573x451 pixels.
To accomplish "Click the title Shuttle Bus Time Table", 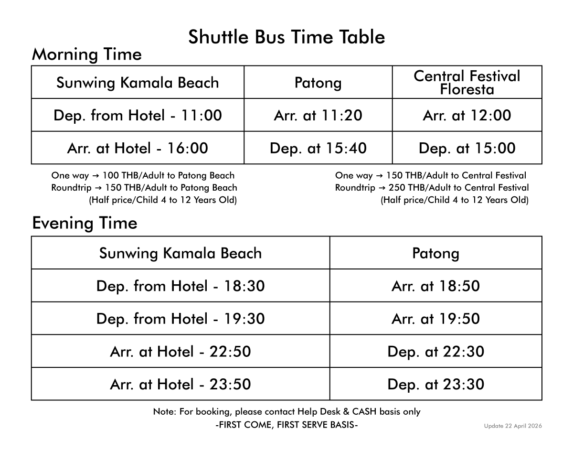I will click(286, 37).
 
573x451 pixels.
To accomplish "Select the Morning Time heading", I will click(86, 54).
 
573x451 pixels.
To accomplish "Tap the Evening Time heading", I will click(85, 223).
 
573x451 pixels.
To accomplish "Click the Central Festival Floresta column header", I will click(467, 83).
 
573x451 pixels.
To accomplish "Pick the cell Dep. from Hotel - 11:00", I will click(138, 116).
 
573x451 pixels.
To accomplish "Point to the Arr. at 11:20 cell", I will click(318, 116).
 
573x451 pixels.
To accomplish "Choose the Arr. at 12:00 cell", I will click(467, 116).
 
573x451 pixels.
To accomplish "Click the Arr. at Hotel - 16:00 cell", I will click(138, 148).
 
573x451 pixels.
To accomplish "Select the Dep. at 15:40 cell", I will click(318, 148).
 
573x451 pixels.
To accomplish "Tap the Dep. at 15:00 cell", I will click(467, 148).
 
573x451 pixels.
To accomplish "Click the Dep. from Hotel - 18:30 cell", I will click(180, 286).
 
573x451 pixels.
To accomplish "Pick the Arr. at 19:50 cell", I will click(435, 319).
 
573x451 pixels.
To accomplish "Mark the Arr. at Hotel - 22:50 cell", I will click(180, 352).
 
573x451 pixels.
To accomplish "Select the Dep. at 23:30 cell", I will click(435, 384).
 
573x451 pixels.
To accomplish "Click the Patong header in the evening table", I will click(435, 253).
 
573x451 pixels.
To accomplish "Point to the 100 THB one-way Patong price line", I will click(143, 175).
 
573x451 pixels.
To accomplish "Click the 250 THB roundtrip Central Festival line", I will click(432, 188).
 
